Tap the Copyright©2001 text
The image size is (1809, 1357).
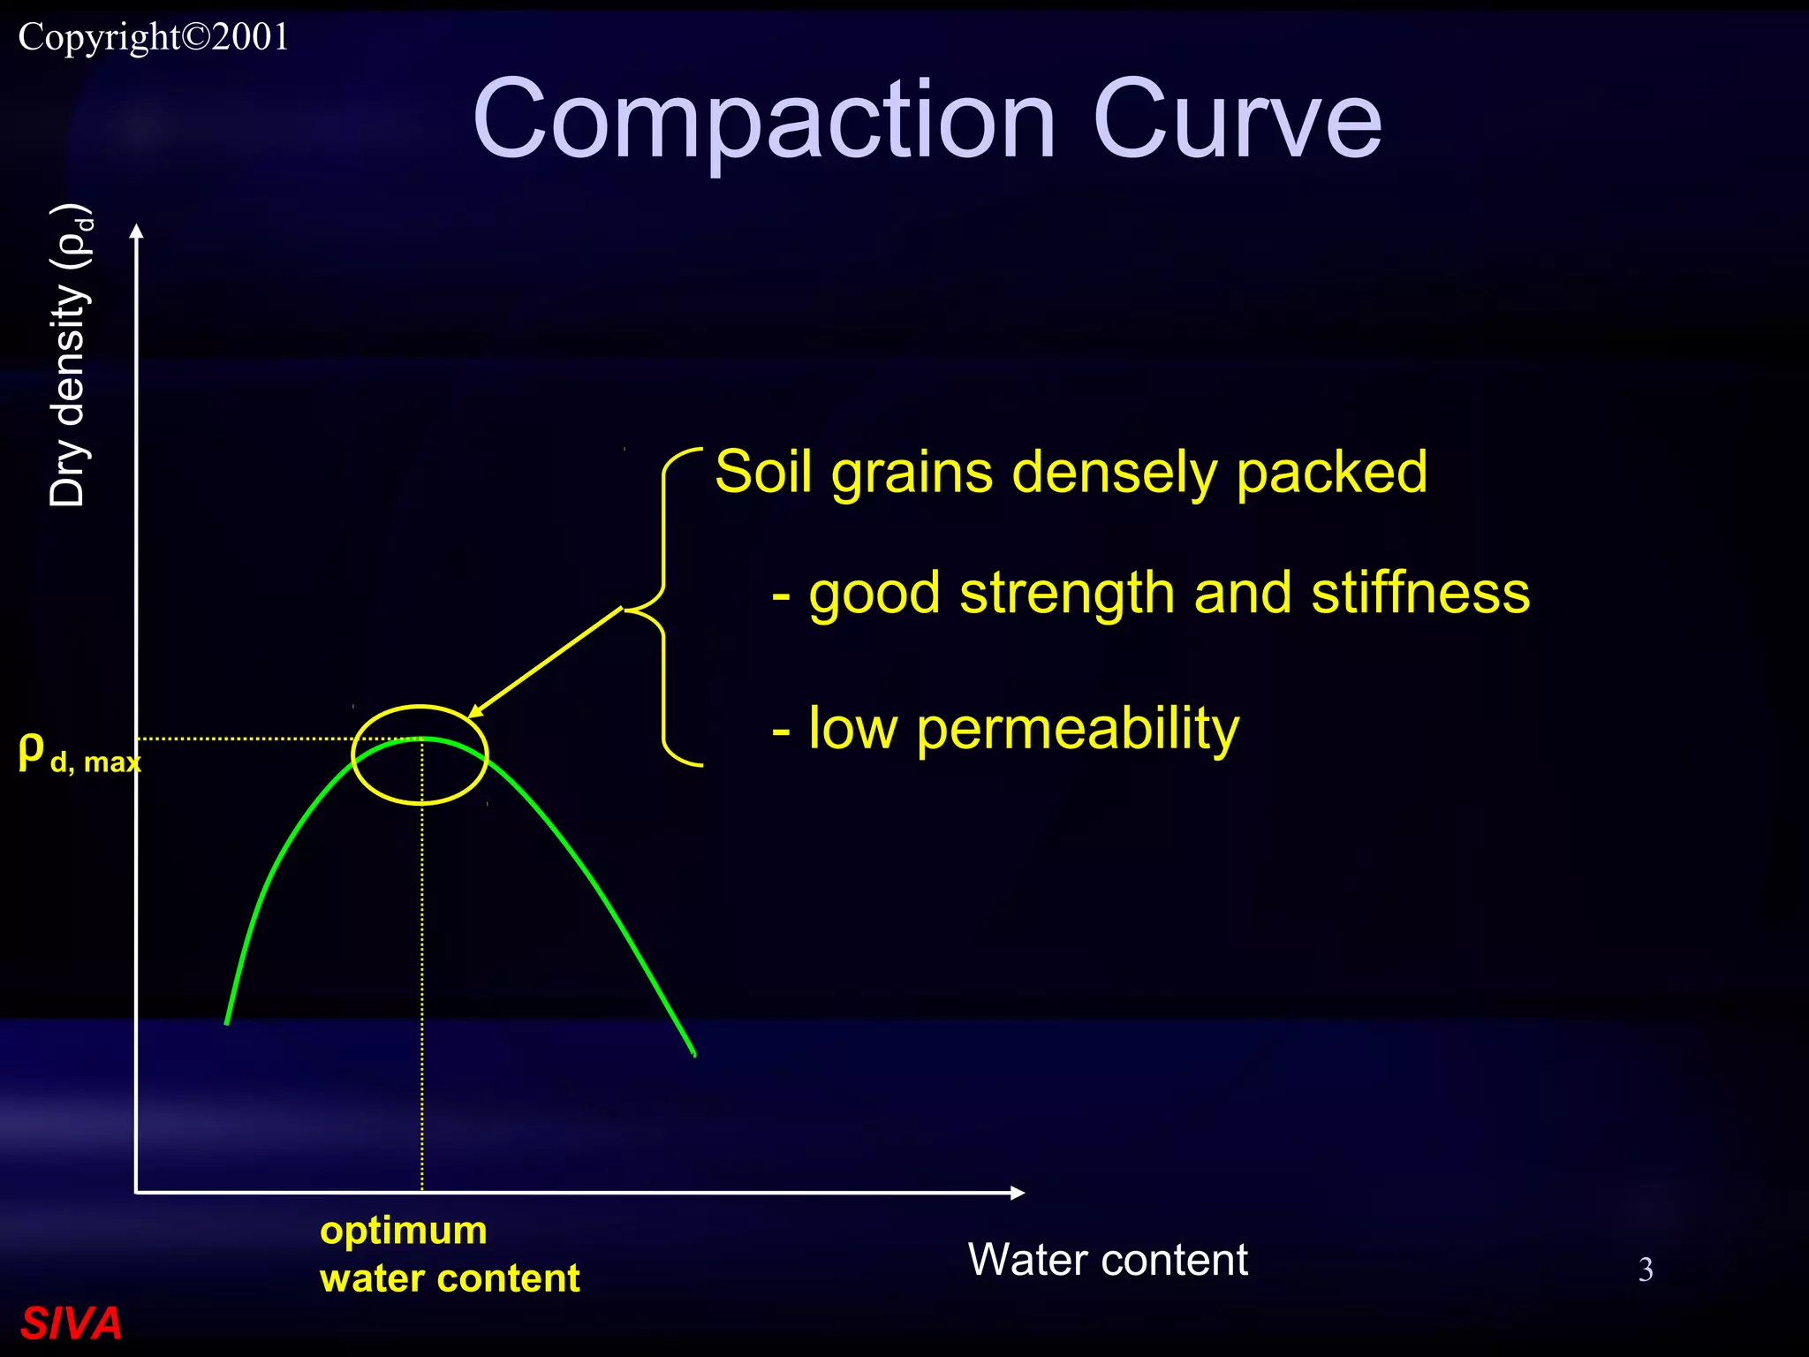coord(154,37)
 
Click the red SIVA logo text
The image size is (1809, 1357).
coord(71,1323)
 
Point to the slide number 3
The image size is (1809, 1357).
coord(1646,1270)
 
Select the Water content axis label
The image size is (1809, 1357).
coord(1108,1259)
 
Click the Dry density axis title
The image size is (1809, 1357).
coord(69,356)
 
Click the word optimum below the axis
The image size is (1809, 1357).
coord(404,1231)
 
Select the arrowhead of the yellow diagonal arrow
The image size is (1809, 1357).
coord(475,712)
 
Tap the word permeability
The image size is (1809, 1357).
coord(1078,730)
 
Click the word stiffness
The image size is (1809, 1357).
coord(1420,593)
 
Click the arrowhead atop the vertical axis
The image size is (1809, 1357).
coord(136,231)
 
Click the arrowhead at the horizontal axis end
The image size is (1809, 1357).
coord(1018,1193)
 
